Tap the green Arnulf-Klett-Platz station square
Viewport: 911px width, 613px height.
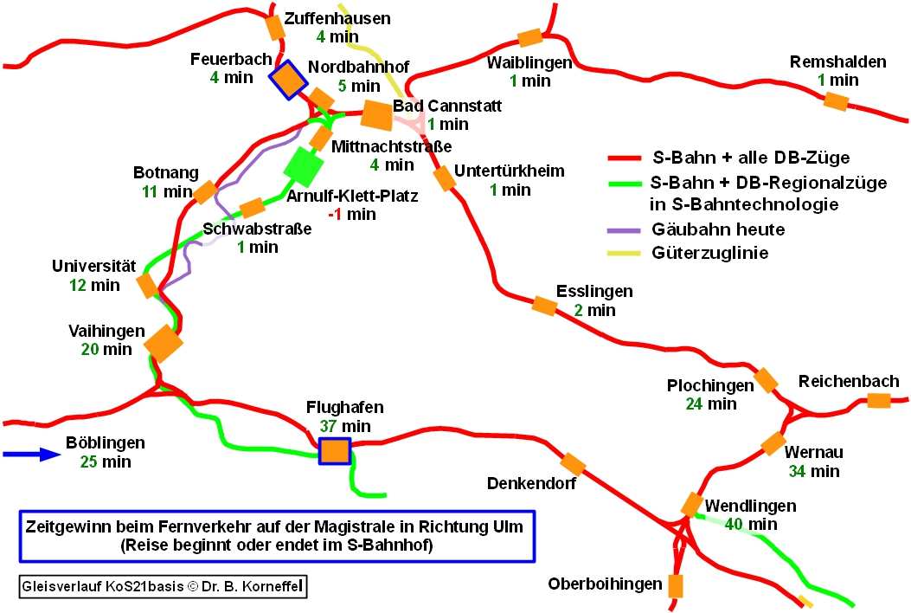pyautogui.click(x=304, y=166)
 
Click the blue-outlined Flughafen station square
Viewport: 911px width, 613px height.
pyautogui.click(x=334, y=451)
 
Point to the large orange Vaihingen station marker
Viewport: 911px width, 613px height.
pyautogui.click(x=164, y=343)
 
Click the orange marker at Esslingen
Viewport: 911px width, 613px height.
pyautogui.click(x=543, y=305)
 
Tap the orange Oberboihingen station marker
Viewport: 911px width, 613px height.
pyautogui.click(x=676, y=585)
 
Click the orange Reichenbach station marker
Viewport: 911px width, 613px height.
pyautogui.click(x=878, y=400)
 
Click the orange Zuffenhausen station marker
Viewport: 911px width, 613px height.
pyautogui.click(x=274, y=28)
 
